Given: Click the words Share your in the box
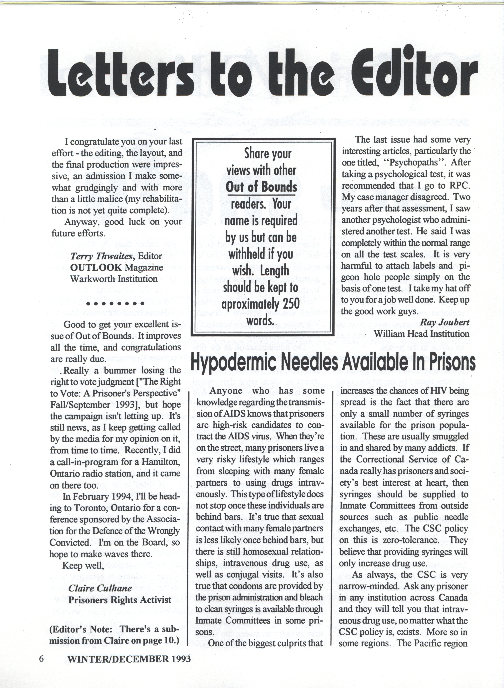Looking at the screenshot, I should click(x=268, y=154).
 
